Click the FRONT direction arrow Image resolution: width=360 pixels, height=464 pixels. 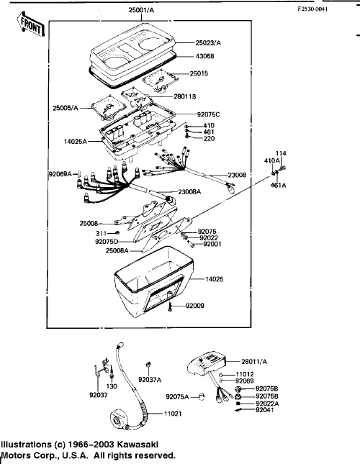[x=30, y=24]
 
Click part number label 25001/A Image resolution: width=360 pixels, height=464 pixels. [x=141, y=10]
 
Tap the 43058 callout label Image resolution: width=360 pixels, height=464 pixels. [x=204, y=56]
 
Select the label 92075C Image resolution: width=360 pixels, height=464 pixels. [x=208, y=114]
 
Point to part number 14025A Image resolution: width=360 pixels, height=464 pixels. [x=76, y=142]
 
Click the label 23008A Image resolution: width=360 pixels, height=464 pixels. [x=189, y=192]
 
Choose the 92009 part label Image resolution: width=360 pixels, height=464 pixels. [x=195, y=306]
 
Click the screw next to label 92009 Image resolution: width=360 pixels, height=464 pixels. [x=170, y=306]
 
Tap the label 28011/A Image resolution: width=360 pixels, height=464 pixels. [x=254, y=361]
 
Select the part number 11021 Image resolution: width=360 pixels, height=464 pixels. [x=173, y=414]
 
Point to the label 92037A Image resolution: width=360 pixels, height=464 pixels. [x=150, y=380]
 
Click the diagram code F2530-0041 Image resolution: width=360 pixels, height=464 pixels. [x=312, y=9]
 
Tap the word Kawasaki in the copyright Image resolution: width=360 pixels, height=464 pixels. [x=138, y=445]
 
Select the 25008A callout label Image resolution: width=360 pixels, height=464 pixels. [x=117, y=250]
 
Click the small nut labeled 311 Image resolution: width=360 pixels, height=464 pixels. [x=117, y=233]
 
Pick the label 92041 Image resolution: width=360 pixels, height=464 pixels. [x=265, y=410]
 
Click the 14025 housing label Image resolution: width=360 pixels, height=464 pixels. [x=215, y=279]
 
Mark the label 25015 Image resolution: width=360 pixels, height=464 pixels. [x=199, y=73]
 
